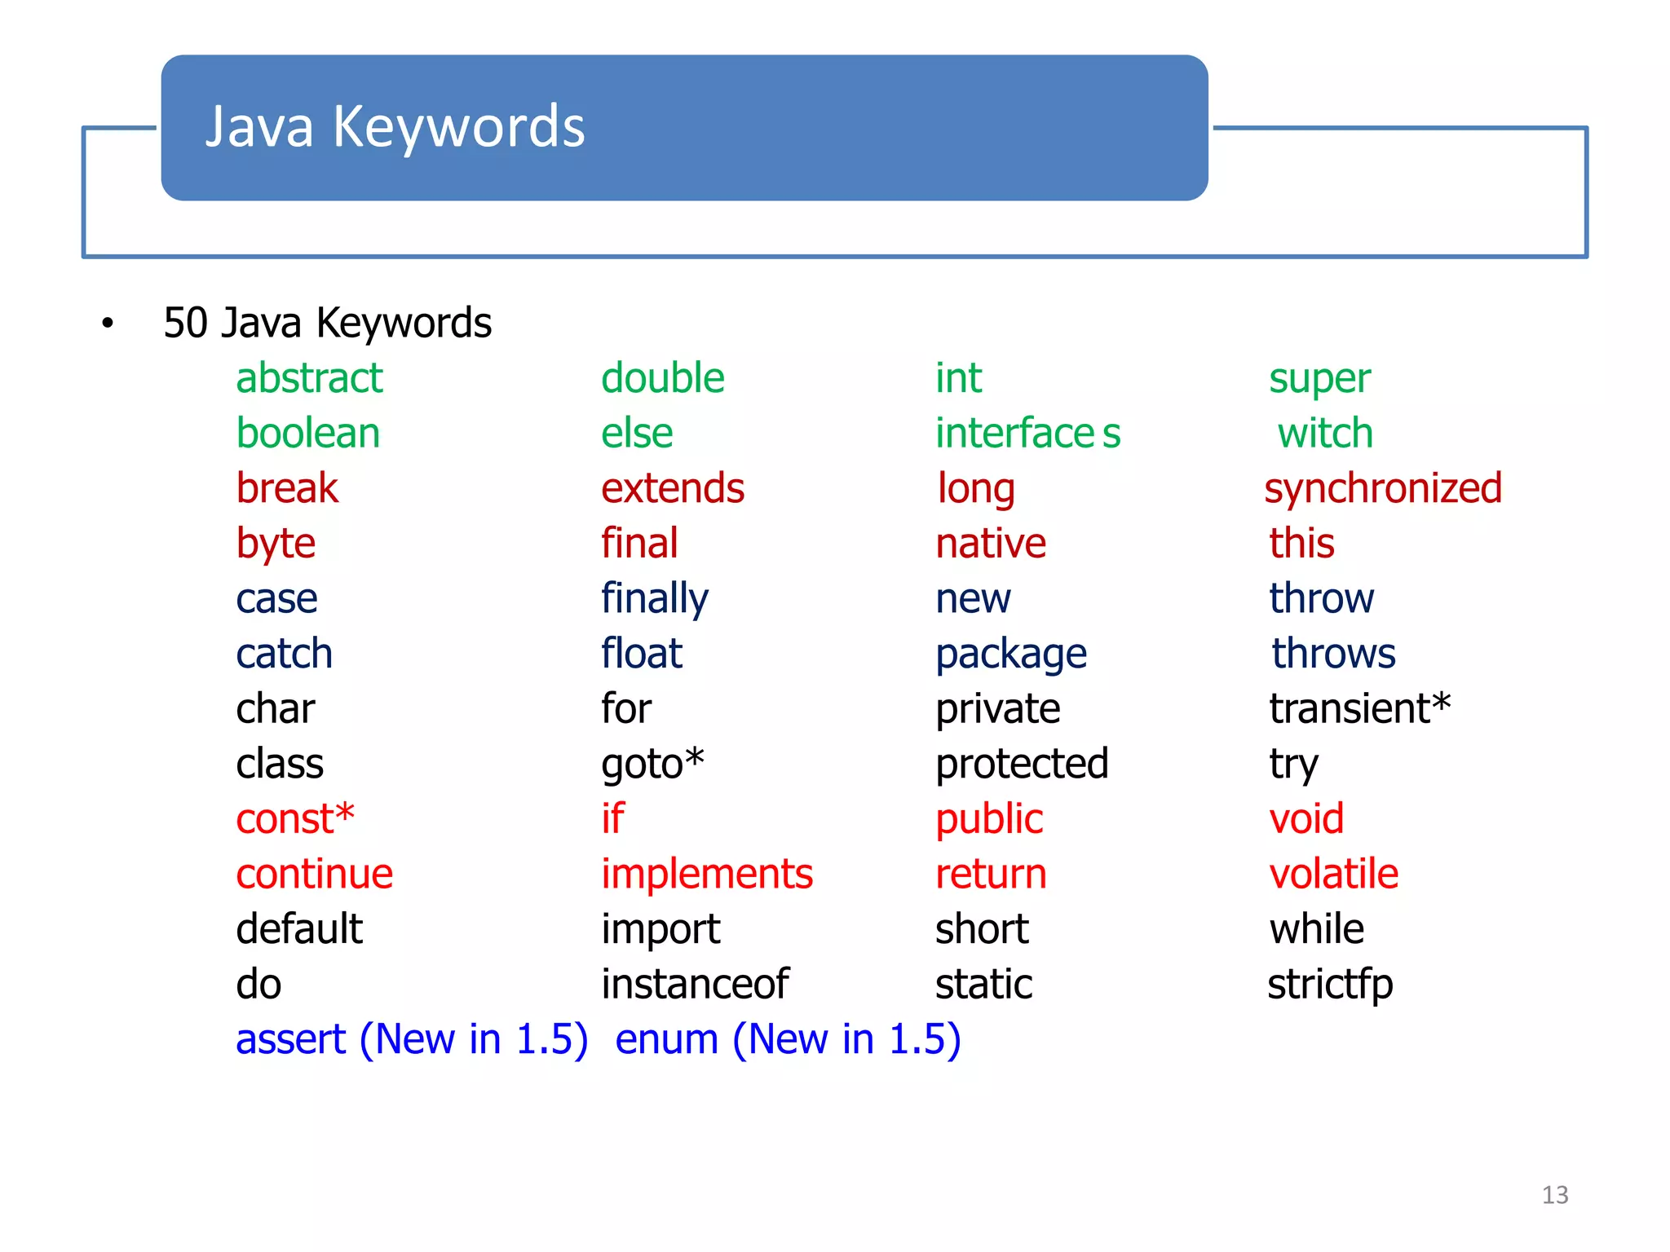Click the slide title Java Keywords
tap(395, 127)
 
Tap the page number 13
tap(1554, 1195)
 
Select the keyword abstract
tap(309, 378)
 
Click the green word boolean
tap(307, 433)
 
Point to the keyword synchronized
tap(1383, 488)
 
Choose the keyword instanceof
tap(695, 984)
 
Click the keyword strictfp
tap(1330, 984)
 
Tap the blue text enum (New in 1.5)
tap(788, 1039)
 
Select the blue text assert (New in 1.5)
tap(412, 1039)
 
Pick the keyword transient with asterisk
tap(1359, 708)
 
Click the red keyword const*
tap(295, 818)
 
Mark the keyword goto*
tap(652, 764)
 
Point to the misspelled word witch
tap(1325, 433)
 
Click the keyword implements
tap(707, 874)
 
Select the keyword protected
tap(1022, 764)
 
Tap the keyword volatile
tap(1334, 874)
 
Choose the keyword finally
tap(655, 599)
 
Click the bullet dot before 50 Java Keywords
tap(108, 324)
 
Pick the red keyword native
tap(991, 544)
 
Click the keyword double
tap(662, 378)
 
